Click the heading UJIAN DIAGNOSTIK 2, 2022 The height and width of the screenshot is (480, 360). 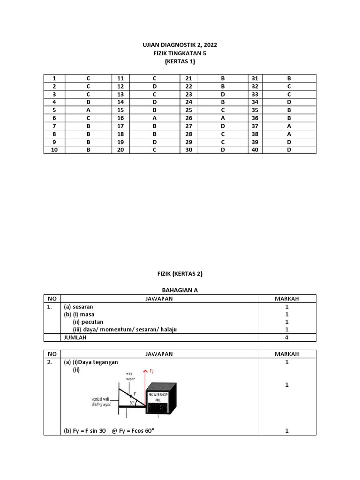coord(180,45)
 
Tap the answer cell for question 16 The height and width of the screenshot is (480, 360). coord(154,118)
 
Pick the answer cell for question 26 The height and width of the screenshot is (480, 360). coord(223,118)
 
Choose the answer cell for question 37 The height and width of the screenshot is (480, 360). coord(289,126)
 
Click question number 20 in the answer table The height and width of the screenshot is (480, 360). coord(120,150)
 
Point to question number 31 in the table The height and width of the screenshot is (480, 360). coord(255,78)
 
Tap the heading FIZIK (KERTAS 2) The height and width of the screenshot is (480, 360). coord(180,274)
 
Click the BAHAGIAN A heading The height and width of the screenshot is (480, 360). coord(180,290)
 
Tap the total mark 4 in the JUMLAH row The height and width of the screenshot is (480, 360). coord(287,337)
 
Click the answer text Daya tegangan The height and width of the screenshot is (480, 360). coord(98,362)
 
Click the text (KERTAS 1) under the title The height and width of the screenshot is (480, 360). coord(180,61)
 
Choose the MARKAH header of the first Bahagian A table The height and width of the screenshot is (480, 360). coord(287,299)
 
